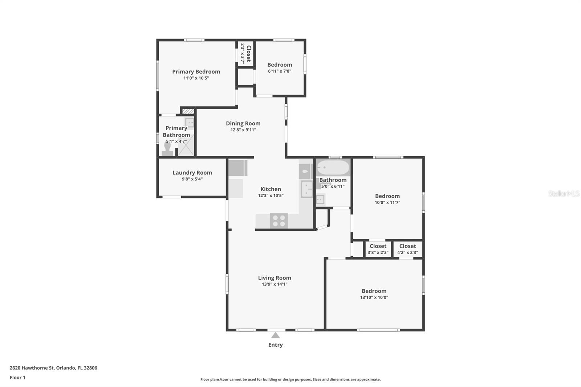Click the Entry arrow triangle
275,335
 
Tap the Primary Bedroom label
196,72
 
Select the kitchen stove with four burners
279,221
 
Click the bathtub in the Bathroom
333,168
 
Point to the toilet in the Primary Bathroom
167,149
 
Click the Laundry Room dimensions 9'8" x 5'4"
192,179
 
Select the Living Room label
275,278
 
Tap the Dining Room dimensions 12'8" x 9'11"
243,130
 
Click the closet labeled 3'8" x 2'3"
378,249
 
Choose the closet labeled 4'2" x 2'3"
407,249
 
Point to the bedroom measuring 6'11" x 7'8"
280,68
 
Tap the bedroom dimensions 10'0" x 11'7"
387,203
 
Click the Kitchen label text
271,189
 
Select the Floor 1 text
17,378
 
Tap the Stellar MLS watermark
564,193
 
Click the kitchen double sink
306,189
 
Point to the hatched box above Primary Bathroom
188,111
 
